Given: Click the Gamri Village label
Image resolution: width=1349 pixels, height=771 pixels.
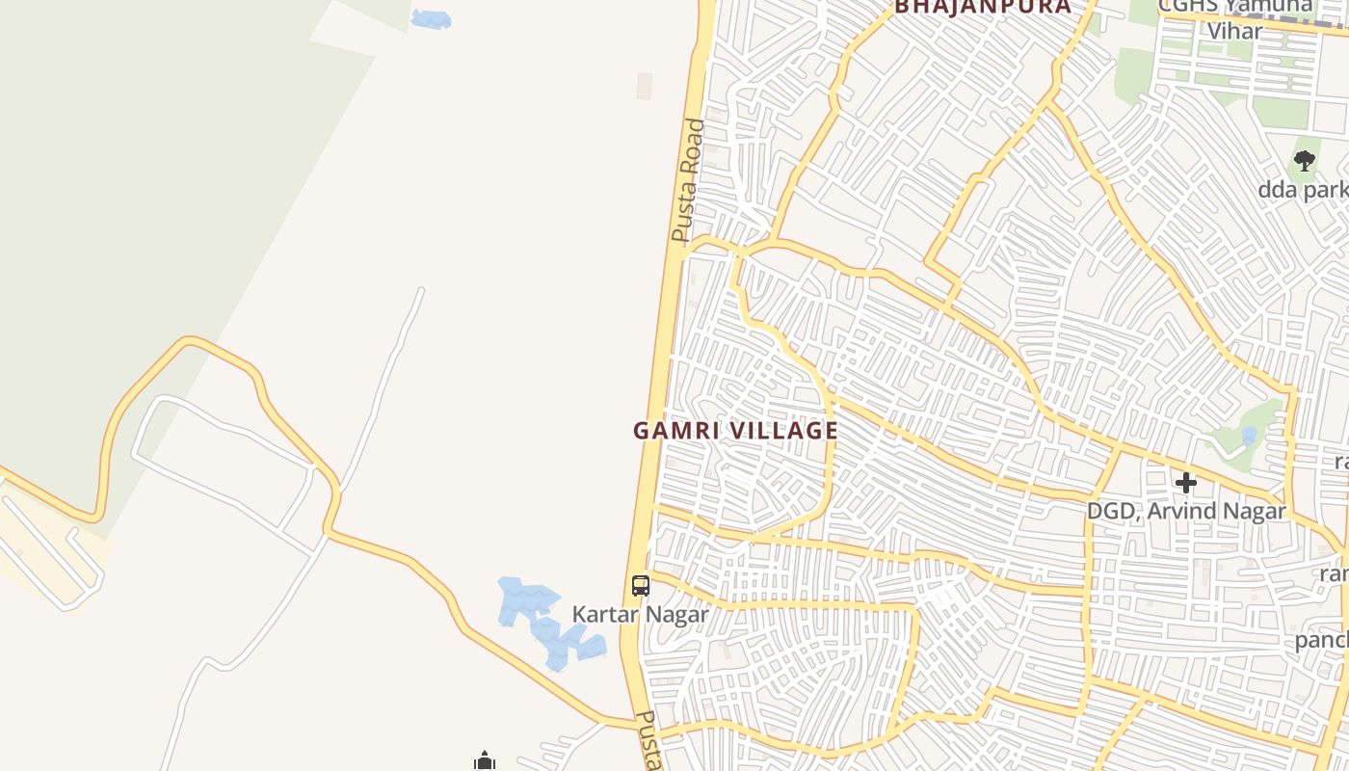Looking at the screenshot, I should click(735, 431).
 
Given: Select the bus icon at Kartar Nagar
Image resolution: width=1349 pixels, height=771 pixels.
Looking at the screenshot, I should click(640, 585).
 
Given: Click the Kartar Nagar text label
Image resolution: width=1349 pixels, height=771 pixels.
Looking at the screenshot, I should click(640, 614).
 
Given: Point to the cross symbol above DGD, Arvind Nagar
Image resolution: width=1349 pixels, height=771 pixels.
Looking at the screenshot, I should click(1186, 482).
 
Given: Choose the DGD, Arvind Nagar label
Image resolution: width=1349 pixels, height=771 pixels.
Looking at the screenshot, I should click(1186, 511).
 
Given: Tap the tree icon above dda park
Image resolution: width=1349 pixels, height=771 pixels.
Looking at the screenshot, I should click(1305, 161).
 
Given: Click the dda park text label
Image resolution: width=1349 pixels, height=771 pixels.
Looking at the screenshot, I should click(1302, 190).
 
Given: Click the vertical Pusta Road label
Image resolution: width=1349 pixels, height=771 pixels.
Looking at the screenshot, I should click(689, 180).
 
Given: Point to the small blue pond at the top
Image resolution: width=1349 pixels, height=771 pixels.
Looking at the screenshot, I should click(431, 18).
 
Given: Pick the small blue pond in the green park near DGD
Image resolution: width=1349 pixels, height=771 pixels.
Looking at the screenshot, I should click(1250, 437).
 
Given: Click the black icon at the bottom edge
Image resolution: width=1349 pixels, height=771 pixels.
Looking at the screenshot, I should click(484, 762).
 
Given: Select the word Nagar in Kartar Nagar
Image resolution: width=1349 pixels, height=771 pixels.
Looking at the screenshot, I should click(678, 614).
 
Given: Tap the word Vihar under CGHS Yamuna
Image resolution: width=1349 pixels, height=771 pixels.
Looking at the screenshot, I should click(1234, 31).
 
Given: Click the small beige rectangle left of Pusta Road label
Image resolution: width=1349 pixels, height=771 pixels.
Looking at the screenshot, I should click(644, 86).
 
